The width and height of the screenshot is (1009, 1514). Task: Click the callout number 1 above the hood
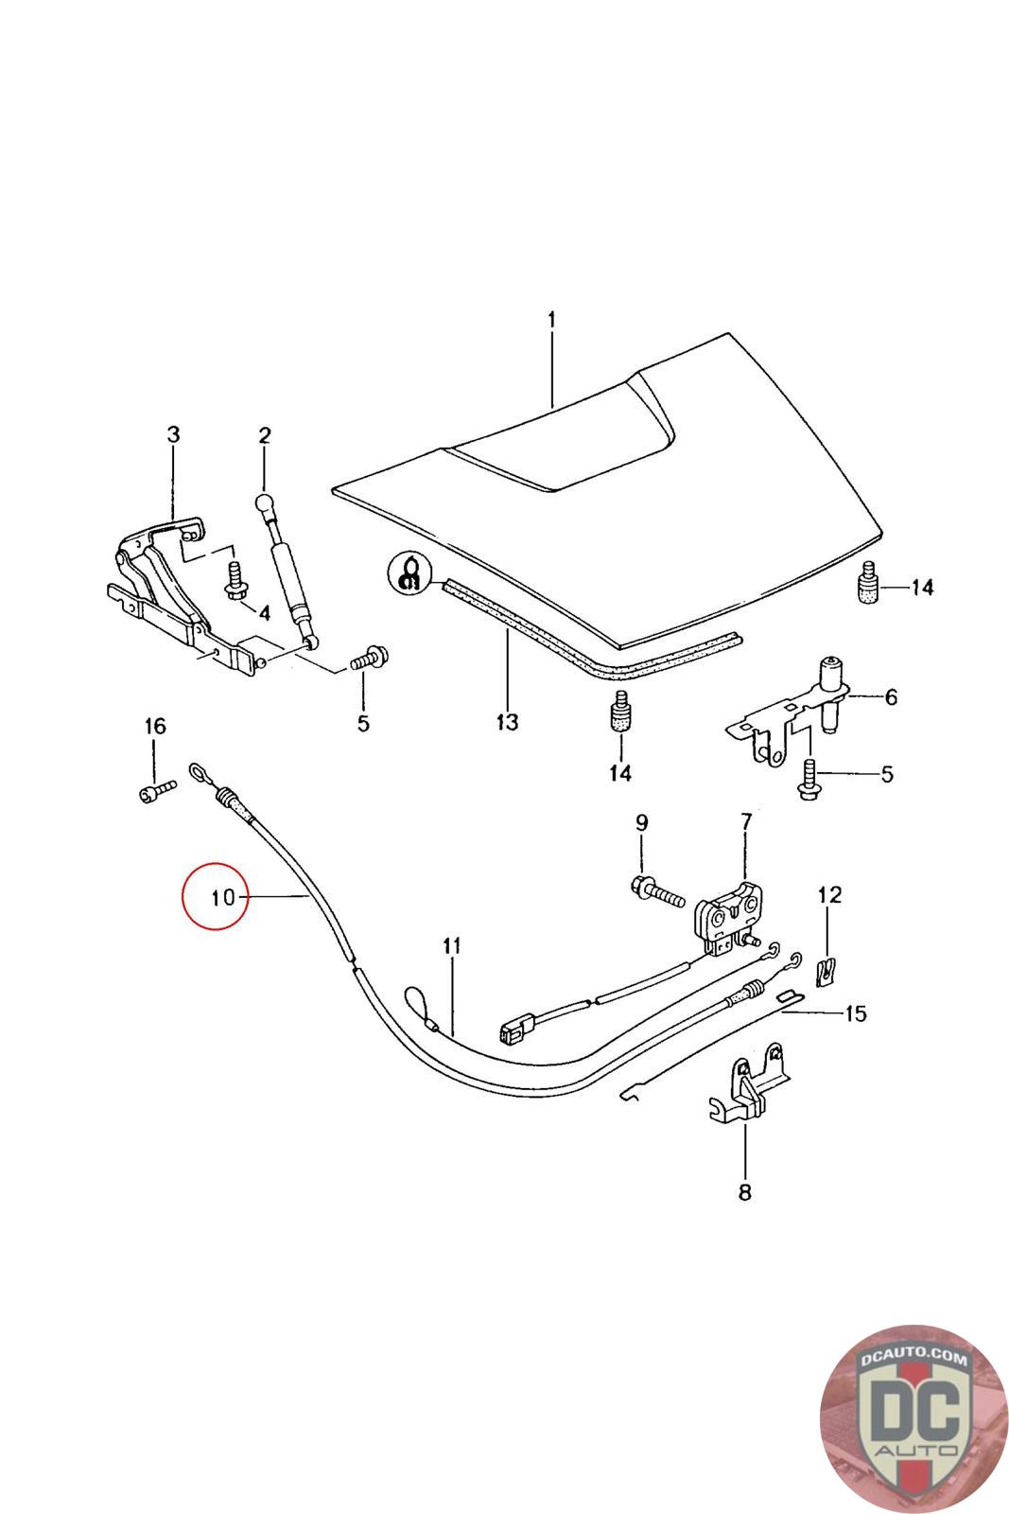(x=551, y=320)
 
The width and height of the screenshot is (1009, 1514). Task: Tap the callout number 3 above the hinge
(x=174, y=434)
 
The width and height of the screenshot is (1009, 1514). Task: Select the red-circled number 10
(x=223, y=897)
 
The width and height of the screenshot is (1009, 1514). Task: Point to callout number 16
(x=155, y=726)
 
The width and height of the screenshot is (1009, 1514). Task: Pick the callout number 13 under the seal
(x=507, y=722)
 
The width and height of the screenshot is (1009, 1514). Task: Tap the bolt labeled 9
(x=658, y=891)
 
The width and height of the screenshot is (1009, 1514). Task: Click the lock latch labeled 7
(x=730, y=918)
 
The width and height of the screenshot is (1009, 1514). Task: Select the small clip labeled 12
(x=826, y=972)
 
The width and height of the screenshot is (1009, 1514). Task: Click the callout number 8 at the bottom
(x=745, y=1191)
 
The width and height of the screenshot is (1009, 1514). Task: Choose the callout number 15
(x=855, y=1013)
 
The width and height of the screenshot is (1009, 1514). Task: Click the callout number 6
(x=891, y=696)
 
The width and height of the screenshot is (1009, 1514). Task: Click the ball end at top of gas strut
(x=264, y=503)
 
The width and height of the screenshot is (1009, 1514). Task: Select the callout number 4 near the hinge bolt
(x=264, y=612)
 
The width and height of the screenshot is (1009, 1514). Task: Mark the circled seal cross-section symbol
(x=409, y=573)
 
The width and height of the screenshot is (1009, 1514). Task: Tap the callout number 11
(x=452, y=945)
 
